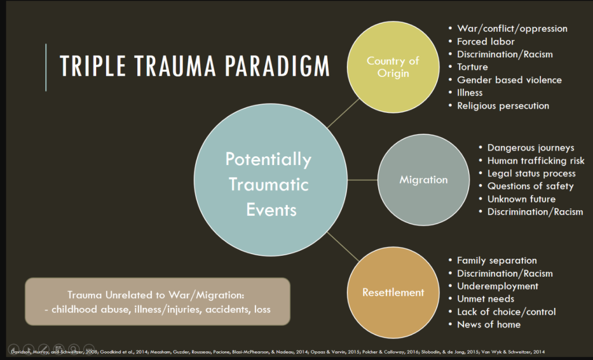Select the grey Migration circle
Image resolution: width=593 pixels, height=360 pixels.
click(x=423, y=180)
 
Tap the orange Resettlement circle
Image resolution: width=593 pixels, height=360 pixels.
click(x=393, y=292)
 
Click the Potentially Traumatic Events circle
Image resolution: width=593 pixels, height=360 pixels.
click(x=268, y=183)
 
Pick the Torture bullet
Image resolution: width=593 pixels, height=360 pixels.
click(x=473, y=67)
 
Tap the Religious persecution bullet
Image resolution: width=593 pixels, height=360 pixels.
click(x=503, y=106)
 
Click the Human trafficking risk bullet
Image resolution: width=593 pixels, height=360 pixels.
click(x=536, y=161)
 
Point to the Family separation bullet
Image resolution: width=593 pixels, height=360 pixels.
click(x=496, y=260)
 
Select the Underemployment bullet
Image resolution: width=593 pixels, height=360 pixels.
click(x=497, y=286)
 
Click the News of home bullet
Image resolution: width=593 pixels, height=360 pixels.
click(x=488, y=324)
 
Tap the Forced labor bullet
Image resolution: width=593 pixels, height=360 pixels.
click(x=485, y=41)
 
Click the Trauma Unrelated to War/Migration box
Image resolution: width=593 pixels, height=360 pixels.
click(x=158, y=301)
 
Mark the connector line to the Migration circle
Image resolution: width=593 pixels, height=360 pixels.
click(x=360, y=180)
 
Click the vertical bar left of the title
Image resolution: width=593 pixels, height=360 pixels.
click(x=46, y=67)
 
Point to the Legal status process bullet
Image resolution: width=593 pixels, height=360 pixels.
click(x=531, y=174)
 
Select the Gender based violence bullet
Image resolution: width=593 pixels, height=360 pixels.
click(x=509, y=80)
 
